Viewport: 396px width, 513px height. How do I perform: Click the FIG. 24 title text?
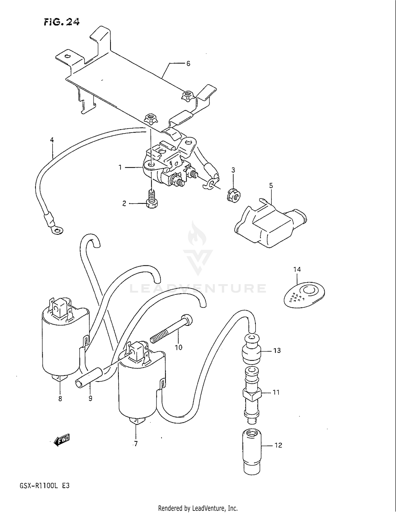[x=62, y=22]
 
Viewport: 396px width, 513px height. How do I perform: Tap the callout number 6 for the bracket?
[x=188, y=63]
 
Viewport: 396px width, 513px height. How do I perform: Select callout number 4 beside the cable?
[x=52, y=140]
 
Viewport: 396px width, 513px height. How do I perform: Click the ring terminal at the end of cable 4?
[x=57, y=231]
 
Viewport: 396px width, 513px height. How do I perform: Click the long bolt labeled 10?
[x=172, y=330]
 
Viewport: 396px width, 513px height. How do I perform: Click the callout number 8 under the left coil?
[x=60, y=399]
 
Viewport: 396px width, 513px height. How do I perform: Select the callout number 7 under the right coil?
[x=136, y=444]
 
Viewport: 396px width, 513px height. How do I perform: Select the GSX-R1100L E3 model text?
[x=44, y=486]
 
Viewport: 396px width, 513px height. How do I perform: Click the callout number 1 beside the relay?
[x=120, y=167]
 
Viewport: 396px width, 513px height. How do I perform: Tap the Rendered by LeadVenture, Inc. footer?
[x=198, y=508]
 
